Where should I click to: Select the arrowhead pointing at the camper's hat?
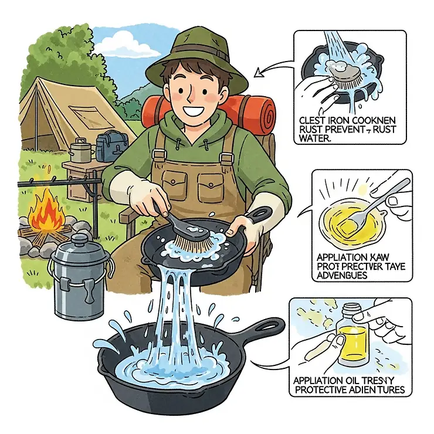pyautogui.click(x=259, y=73)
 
